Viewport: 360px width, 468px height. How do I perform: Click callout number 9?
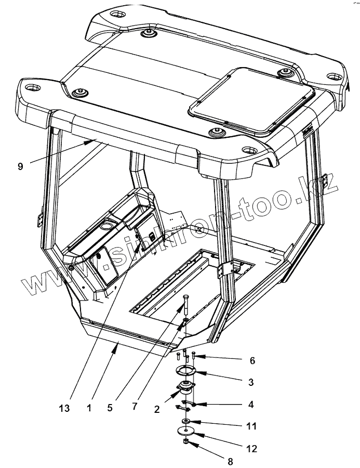tap(20, 166)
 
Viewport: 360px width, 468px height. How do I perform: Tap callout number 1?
tap(89, 408)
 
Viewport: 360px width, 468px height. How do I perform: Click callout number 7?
tap(135, 406)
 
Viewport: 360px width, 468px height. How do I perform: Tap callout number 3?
tap(250, 382)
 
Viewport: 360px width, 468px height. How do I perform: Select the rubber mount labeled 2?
tap(184, 387)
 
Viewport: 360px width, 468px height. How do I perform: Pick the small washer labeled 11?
tap(185, 420)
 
